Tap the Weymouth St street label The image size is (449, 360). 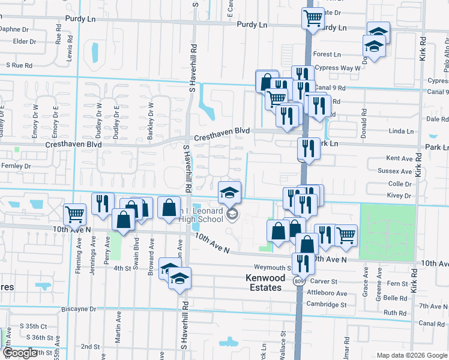click(x=272, y=268)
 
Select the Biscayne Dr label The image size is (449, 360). click(x=79, y=309)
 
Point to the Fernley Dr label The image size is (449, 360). click(x=16, y=166)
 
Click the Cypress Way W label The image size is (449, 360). click(x=337, y=68)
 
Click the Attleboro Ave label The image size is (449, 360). click(x=327, y=293)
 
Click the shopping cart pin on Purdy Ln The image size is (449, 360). click(x=313, y=18)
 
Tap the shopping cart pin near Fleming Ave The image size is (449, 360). click(x=74, y=213)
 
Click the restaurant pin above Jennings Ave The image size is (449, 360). click(x=103, y=203)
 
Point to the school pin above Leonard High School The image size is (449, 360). click(x=229, y=192)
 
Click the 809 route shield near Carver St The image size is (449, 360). click(x=298, y=280)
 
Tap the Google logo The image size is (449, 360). click(x=20, y=353)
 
